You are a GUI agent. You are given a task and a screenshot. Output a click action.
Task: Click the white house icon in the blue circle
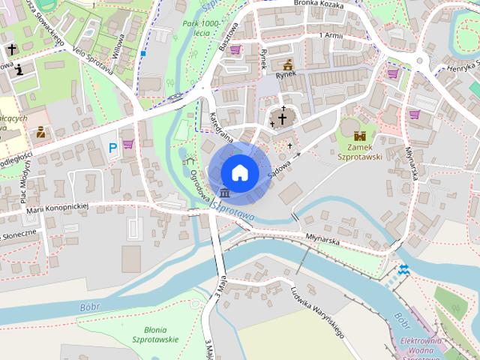click(240, 172)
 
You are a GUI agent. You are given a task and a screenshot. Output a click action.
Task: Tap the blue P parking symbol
click(112, 148)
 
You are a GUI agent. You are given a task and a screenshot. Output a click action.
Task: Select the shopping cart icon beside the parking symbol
click(128, 143)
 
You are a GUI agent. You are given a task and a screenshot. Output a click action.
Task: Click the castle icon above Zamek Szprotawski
click(361, 136)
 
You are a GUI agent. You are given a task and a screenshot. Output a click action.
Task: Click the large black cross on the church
click(283, 118)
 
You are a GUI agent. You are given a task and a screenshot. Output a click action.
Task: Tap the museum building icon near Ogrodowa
click(224, 198)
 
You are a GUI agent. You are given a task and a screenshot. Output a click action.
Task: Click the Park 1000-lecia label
click(200, 28)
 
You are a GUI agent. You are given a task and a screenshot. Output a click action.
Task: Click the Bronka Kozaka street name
click(319, 4)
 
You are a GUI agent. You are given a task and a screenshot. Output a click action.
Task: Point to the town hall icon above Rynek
click(288, 64)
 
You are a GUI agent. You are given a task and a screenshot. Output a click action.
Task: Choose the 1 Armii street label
click(331, 35)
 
